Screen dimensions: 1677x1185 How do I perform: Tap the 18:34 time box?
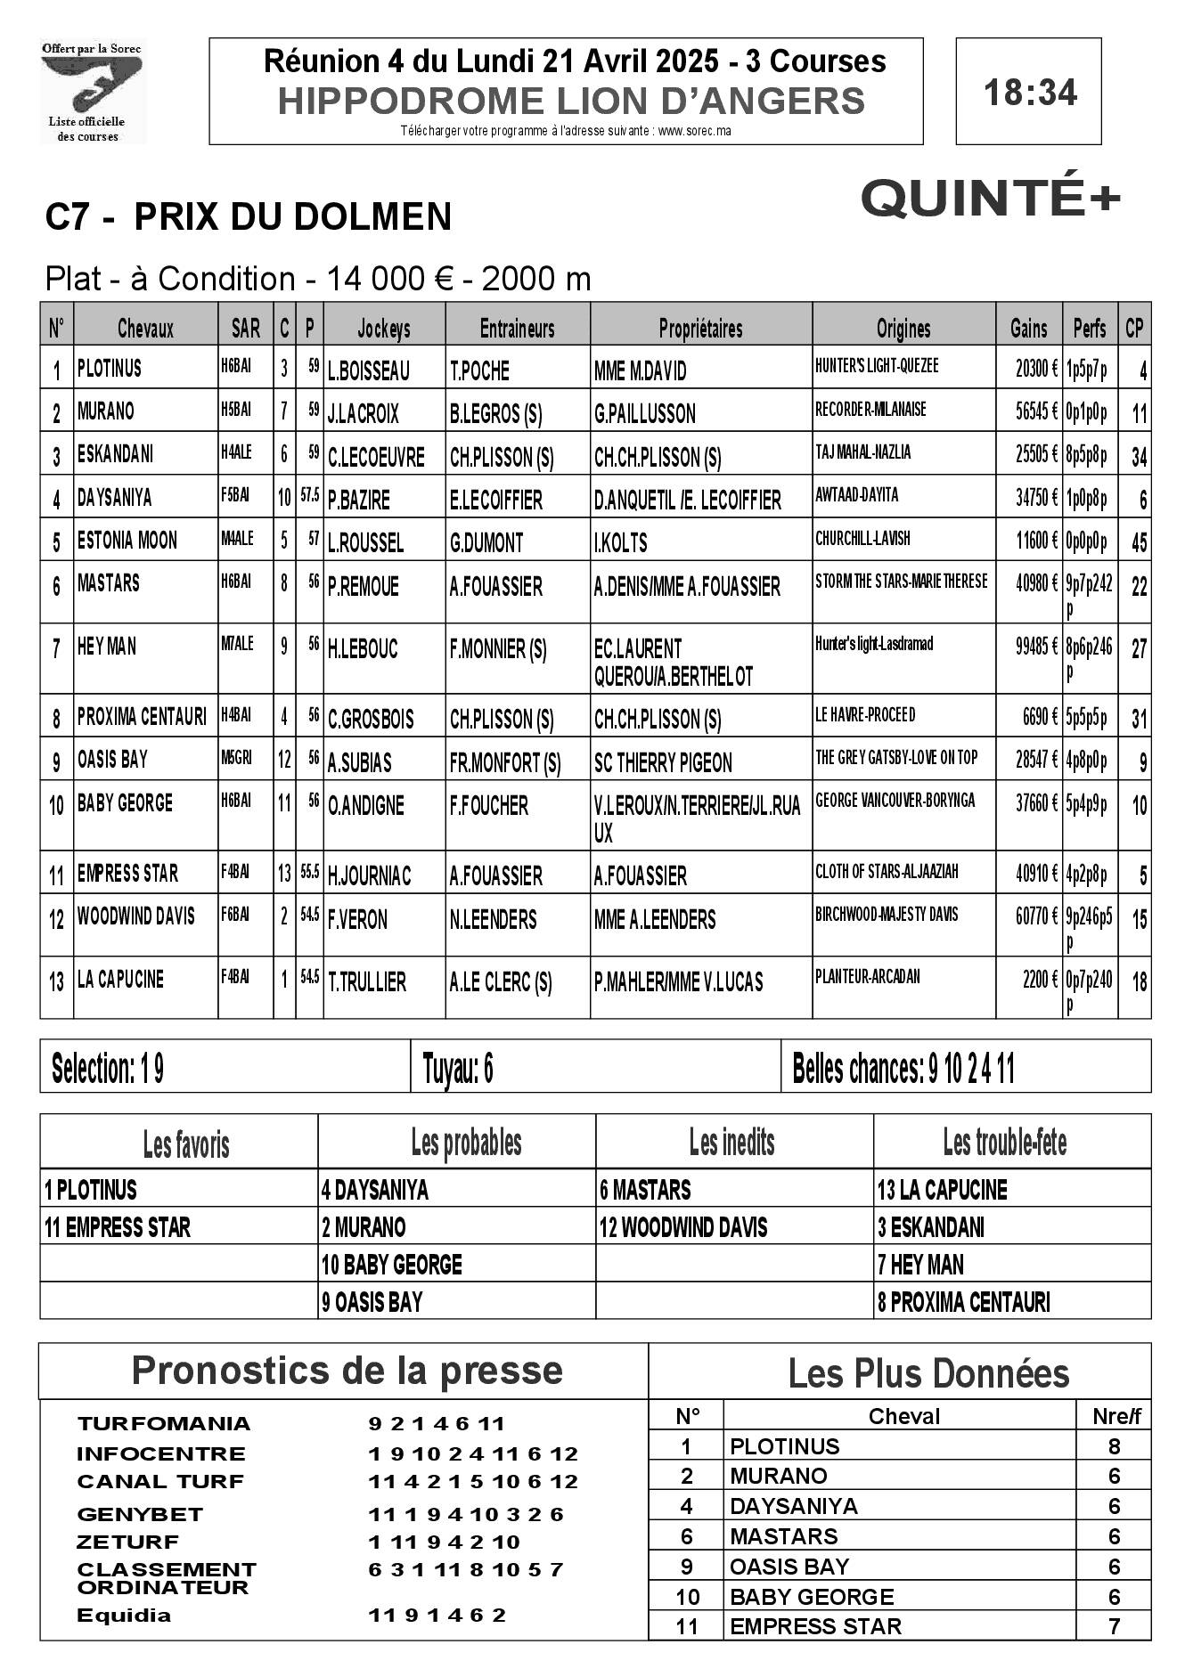click(x=1029, y=92)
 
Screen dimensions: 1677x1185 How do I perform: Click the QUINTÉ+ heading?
click(x=990, y=199)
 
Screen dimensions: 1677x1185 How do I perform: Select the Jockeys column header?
click(x=384, y=329)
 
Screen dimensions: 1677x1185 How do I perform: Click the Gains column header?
click(x=1028, y=329)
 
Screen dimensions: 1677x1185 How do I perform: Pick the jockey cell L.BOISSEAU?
click(x=369, y=370)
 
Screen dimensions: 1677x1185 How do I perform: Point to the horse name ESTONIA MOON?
click(x=127, y=541)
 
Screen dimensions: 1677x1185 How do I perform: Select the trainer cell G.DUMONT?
click(x=486, y=542)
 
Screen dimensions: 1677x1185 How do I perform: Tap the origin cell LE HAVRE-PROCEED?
click(x=865, y=715)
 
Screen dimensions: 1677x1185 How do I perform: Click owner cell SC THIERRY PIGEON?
click(x=663, y=762)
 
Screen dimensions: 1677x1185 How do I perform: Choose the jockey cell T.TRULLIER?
click(x=367, y=982)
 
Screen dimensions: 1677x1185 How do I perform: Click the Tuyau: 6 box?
click(x=595, y=1068)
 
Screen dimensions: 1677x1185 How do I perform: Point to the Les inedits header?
click(x=732, y=1142)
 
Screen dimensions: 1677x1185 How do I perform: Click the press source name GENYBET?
click(x=140, y=1514)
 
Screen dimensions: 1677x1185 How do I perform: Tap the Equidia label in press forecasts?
click(x=124, y=1615)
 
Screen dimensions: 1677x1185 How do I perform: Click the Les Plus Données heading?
click(x=928, y=1373)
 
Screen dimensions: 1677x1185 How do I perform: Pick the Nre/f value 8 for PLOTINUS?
click(x=1114, y=1445)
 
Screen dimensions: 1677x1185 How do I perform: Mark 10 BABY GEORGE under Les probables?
click(x=392, y=1265)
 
